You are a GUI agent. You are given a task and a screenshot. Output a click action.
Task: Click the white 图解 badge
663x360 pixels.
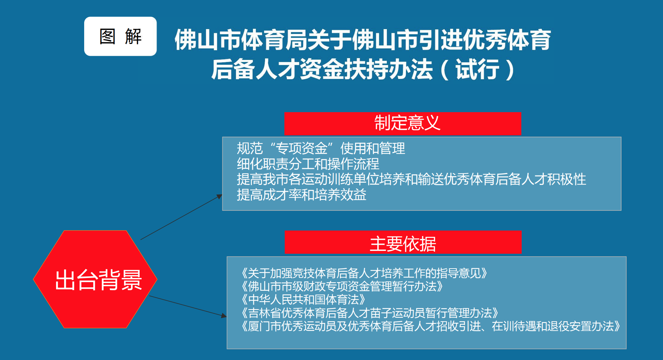(120, 36)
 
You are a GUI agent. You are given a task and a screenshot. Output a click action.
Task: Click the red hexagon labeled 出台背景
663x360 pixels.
(95, 279)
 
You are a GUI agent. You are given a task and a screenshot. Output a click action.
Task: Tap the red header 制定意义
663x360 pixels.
(403, 124)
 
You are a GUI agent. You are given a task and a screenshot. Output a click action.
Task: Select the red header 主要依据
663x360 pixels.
(403, 242)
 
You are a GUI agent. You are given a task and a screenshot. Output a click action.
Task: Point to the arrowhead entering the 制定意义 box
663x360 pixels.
(220, 196)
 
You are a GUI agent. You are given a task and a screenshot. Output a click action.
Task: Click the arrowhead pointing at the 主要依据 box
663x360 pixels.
(224, 315)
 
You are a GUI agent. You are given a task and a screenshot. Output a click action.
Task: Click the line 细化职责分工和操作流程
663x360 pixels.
(308, 164)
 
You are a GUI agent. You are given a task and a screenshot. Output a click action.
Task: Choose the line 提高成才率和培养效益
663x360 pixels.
(301, 195)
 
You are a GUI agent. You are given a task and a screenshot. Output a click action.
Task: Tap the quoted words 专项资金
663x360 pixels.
(301, 148)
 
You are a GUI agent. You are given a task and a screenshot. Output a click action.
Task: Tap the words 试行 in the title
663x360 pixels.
(477, 70)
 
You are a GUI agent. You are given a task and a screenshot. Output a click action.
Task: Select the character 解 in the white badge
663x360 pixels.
(133, 36)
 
